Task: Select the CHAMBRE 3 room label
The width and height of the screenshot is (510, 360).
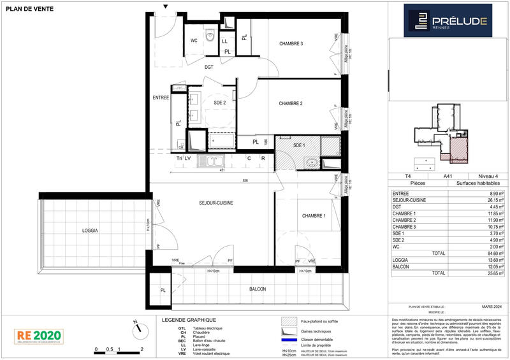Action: pos(291,43)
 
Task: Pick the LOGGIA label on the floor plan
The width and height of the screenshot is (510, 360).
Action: pos(89,230)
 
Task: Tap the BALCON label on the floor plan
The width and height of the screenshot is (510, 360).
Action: pos(258,289)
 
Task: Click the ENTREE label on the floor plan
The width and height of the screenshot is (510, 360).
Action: pos(160,97)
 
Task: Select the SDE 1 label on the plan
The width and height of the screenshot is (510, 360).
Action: pos(300,146)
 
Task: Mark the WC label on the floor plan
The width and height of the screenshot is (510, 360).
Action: pos(194,40)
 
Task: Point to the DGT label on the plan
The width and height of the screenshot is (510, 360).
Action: pos(208,66)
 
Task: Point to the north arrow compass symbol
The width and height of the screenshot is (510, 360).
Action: pos(136,329)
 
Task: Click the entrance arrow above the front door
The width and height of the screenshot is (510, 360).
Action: pos(166,6)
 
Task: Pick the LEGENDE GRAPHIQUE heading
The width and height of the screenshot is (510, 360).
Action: pos(189,319)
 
